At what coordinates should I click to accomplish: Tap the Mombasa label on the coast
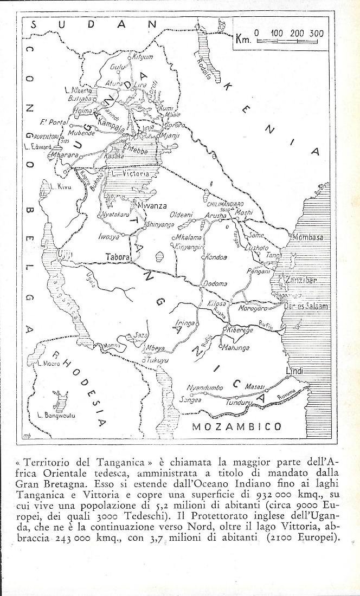click(x=307, y=237)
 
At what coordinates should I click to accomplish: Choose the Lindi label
click(x=293, y=371)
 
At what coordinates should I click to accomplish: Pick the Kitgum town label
click(x=143, y=57)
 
